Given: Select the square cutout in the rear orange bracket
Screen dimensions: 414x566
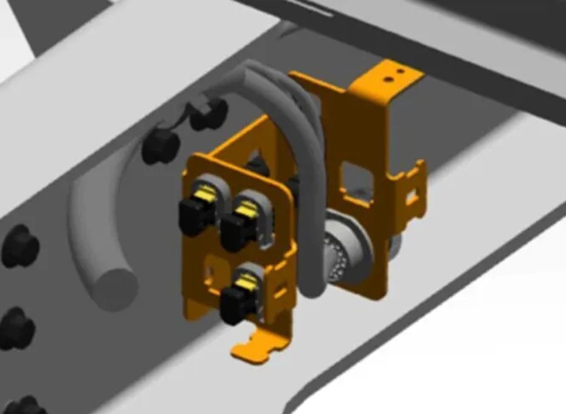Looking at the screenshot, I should coord(355,180).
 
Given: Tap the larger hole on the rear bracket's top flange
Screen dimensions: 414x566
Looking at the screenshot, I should coord(389,79).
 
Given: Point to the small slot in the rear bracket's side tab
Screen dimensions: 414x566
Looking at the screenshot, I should coord(411,197).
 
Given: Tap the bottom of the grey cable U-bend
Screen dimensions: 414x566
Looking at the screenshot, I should coord(309,288).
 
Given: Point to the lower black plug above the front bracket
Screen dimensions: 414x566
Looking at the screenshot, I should coord(161,146).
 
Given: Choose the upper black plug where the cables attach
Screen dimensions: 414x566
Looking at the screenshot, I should coord(209,114).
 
